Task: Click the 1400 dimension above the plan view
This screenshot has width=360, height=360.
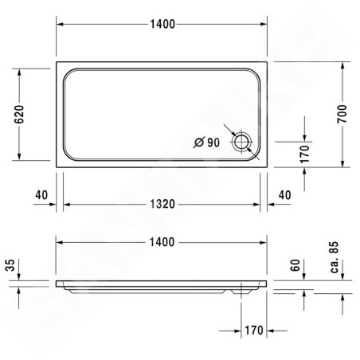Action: [162, 24]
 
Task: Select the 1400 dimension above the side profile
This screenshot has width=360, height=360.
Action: [162, 242]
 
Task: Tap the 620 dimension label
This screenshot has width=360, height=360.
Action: [19, 115]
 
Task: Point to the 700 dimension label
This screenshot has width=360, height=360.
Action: [342, 114]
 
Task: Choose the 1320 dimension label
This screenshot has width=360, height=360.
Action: [162, 204]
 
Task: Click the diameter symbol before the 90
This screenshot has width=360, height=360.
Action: [199, 143]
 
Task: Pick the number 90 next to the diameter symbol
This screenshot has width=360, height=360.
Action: [213, 143]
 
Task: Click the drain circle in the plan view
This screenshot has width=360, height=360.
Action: [241, 142]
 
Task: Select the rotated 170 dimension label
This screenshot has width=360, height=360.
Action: [305, 155]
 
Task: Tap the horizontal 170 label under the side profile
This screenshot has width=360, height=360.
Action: [254, 331]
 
